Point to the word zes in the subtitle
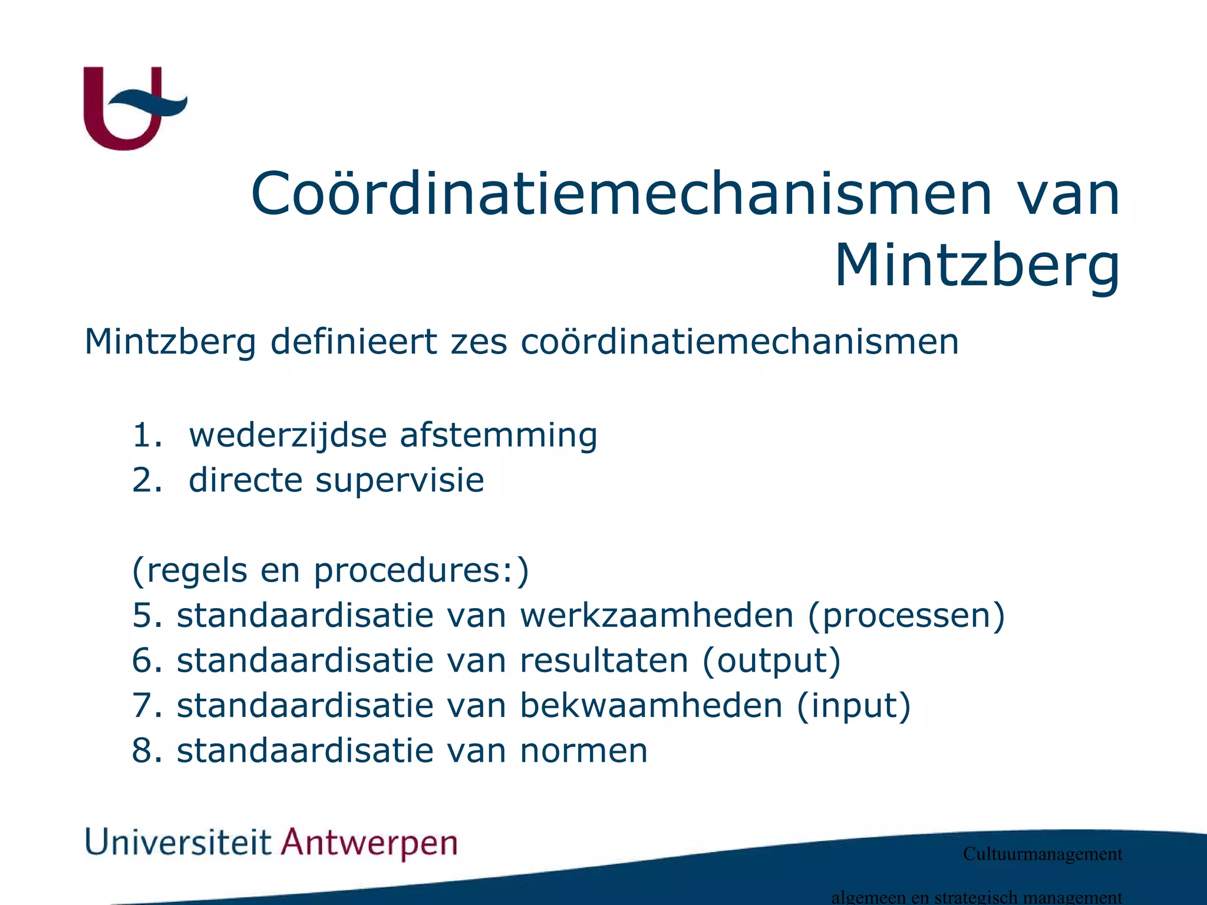[479, 342]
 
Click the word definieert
[354, 342]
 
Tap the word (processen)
[906, 616]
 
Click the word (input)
[853, 706]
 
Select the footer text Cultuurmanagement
[1042, 854]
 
